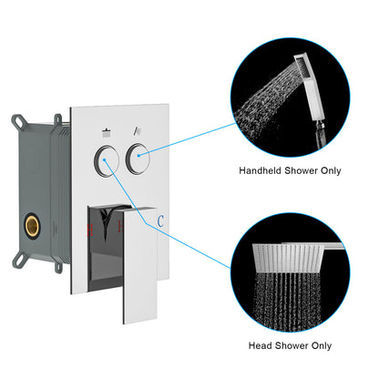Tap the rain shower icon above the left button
(x=108, y=130)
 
